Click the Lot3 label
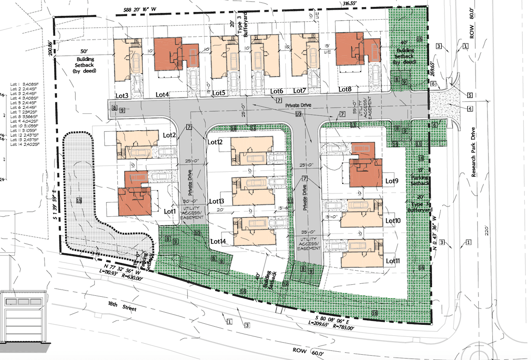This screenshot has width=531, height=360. (121, 95)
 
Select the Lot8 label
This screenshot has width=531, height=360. (345, 89)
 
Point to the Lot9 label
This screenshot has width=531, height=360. (391, 181)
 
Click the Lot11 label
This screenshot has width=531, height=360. (393, 261)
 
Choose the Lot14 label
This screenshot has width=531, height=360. (218, 241)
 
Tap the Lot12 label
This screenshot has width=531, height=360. (215, 142)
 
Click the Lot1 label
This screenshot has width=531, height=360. (169, 211)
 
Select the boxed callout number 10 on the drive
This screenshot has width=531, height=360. (298, 114)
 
